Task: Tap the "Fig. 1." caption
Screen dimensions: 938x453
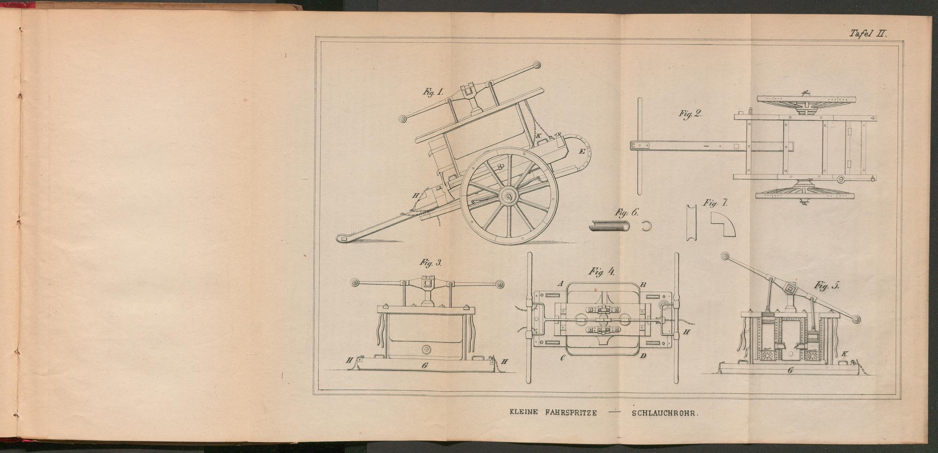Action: click(433, 92)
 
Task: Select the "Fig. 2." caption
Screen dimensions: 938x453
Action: click(689, 113)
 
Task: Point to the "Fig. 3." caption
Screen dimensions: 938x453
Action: click(431, 263)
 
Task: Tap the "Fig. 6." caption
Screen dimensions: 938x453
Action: click(627, 212)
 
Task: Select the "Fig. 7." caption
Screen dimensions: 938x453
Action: click(715, 204)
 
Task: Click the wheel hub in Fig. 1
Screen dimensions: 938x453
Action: click(508, 197)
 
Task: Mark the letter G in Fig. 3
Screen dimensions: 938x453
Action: click(424, 364)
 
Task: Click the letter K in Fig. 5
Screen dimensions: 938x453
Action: click(845, 354)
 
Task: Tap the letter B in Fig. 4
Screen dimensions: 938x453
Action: click(643, 284)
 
